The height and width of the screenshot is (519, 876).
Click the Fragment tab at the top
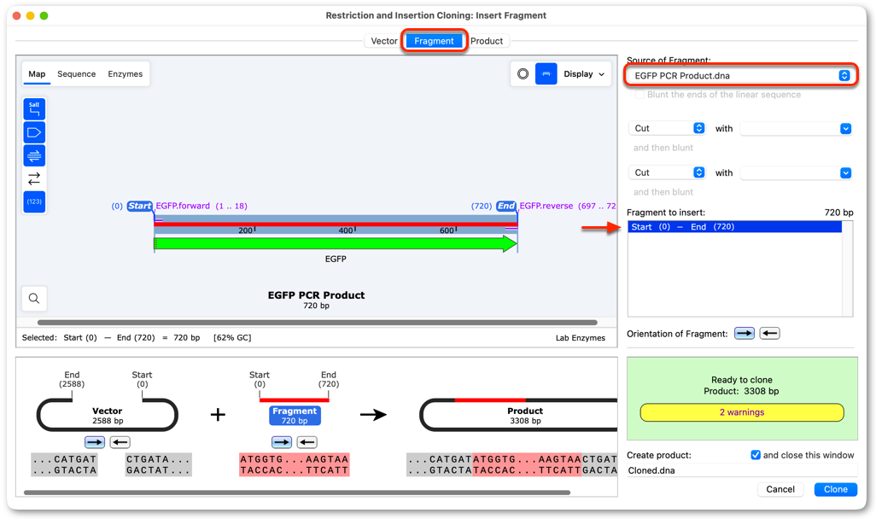pos(434,41)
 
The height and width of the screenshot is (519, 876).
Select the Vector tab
pos(384,41)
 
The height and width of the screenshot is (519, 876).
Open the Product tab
pos(486,41)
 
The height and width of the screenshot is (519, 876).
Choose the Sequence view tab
pos(77,73)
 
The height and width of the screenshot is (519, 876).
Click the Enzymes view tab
pos(126,73)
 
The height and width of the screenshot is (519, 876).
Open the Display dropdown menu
pos(584,73)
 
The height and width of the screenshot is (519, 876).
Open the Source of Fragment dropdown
pos(741,75)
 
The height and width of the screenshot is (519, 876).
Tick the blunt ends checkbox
pos(639,95)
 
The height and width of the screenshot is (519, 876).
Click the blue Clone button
pos(835,489)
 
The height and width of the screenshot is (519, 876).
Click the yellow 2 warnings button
pos(742,412)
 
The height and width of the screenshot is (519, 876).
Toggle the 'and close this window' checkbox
pos(756,455)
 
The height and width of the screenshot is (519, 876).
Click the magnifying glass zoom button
pos(34,298)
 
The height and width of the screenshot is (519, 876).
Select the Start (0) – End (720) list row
pos(734,227)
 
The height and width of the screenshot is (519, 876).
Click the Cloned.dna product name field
pos(741,470)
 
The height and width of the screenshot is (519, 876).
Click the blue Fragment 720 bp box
pos(295,416)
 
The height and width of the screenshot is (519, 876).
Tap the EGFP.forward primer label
pos(183,206)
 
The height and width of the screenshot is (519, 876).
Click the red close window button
pos(17,15)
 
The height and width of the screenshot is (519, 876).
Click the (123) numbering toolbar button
pos(34,201)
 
